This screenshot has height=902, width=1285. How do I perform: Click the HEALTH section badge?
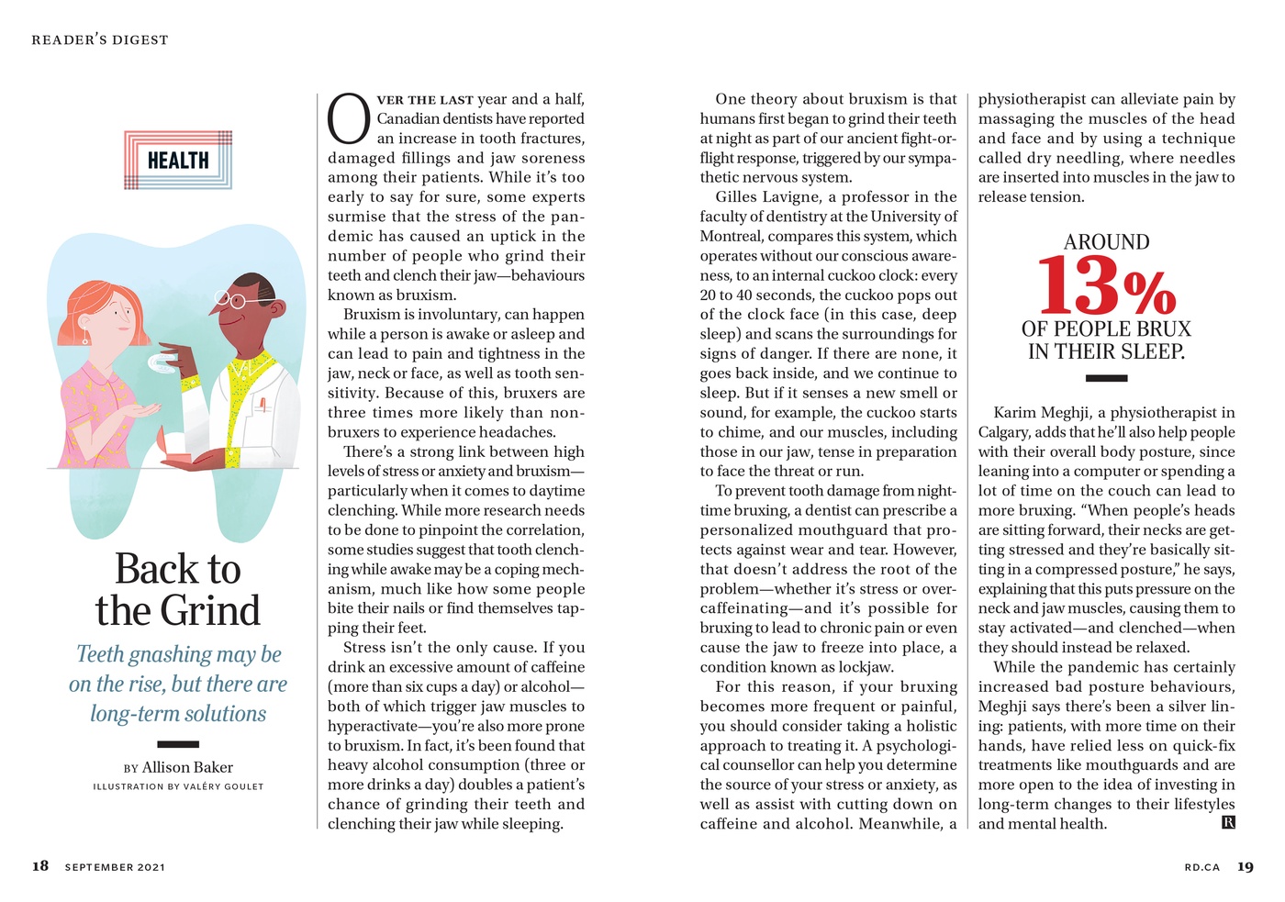(178, 161)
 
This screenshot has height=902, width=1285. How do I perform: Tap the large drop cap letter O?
(349, 119)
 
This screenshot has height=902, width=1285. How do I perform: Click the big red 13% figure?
(1106, 286)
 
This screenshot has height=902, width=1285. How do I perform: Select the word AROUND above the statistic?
(1106, 242)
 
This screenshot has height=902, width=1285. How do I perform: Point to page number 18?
(40, 866)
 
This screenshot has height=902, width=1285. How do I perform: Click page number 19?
(1245, 866)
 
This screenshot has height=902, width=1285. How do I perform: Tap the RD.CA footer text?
(1201, 867)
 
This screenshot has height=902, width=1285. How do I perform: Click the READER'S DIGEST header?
(100, 40)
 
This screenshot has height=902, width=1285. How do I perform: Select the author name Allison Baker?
(187, 767)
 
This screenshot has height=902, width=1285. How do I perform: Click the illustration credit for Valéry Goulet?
(178, 786)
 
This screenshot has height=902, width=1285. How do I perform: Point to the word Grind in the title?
(209, 611)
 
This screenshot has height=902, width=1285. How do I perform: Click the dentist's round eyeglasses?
(229, 298)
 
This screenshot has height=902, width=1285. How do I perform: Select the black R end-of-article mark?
(1228, 822)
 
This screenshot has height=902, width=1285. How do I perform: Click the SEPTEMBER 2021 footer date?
(115, 867)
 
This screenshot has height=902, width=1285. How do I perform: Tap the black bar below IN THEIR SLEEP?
(1106, 377)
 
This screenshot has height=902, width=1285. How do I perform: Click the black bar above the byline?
(178, 744)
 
